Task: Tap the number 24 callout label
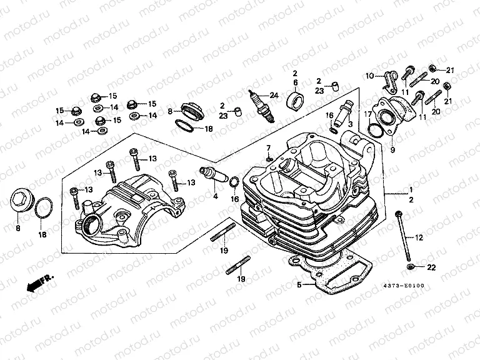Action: coord(272,95)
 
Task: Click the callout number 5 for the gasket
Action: coord(299,285)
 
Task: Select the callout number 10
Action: coord(369,76)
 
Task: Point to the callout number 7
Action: coord(268,148)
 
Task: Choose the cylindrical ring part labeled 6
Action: coord(295,100)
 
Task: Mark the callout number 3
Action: coord(351,124)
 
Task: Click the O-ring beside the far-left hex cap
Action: coord(42,207)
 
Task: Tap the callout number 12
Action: coord(419,237)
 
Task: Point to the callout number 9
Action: coord(392,150)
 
